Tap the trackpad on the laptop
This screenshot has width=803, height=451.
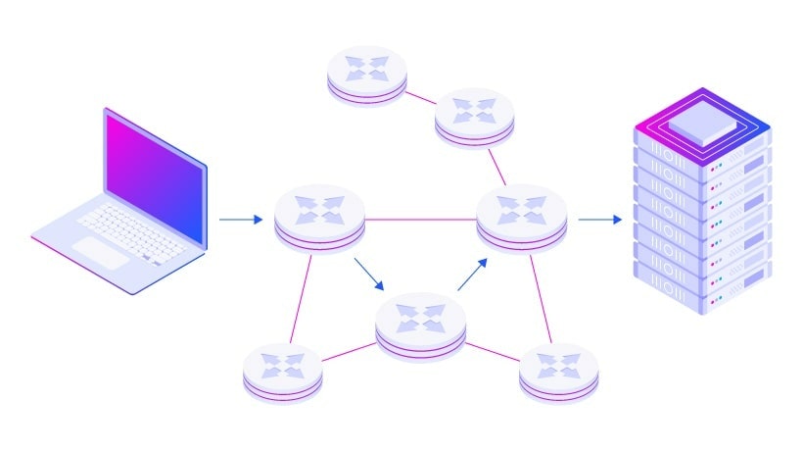point(103,252)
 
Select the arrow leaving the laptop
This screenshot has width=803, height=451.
point(240,220)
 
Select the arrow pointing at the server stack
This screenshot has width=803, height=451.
point(599,220)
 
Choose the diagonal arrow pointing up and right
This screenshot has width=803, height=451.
point(471,275)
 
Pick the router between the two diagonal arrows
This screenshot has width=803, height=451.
point(420,323)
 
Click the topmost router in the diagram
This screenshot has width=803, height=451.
point(365,74)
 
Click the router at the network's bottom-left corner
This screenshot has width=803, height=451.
point(282,372)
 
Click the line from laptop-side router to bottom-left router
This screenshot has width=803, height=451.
point(301,299)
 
